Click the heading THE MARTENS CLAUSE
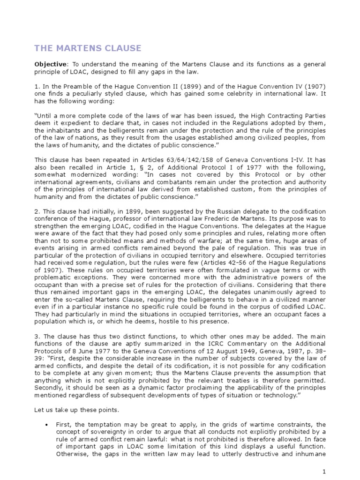coord(88,48)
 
